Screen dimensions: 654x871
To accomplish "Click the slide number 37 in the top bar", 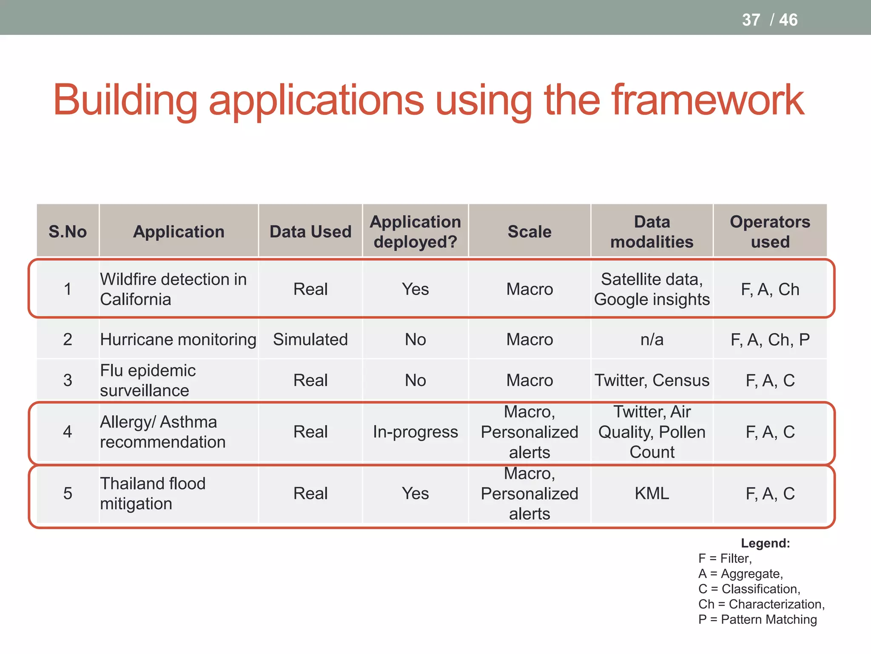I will tap(751, 20).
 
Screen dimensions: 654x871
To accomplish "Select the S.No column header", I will tap(68, 232).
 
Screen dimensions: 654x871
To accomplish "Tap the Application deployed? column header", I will tap(415, 232).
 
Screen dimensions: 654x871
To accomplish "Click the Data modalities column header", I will tap(652, 232).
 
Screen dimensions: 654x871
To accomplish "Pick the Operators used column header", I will tap(770, 232).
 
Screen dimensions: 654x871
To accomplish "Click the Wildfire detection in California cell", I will tap(173, 289).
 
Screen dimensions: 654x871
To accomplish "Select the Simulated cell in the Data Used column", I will tap(310, 339).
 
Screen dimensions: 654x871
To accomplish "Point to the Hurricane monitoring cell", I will tap(178, 339).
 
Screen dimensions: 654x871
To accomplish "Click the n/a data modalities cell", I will tap(652, 339).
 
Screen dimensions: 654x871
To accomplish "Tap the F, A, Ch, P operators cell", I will tap(770, 339).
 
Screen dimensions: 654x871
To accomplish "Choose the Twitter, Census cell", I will tap(652, 380).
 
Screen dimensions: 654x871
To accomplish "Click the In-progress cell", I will tap(415, 432).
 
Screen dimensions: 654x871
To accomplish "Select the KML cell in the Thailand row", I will tap(652, 493).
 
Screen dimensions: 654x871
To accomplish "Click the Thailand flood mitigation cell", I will tap(153, 493).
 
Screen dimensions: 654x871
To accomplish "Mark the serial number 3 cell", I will tap(68, 380).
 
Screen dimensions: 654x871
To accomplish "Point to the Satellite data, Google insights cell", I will tap(652, 289).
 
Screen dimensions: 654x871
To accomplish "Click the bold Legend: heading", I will tap(765, 543).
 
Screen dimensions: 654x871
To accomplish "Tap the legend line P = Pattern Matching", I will tap(757, 620).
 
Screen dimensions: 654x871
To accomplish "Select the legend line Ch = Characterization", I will tap(761, 604).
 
